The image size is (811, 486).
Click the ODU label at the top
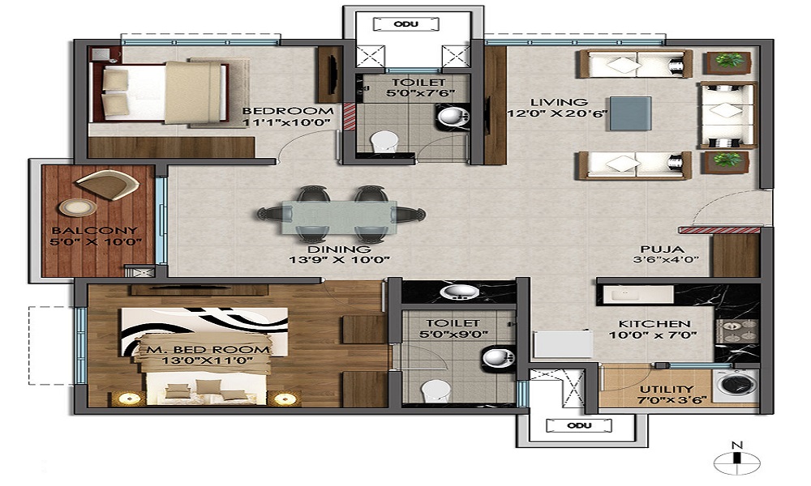406,23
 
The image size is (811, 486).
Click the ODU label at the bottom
579,425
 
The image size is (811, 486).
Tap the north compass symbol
737,461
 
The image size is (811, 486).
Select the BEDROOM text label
288,111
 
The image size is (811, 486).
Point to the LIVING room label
547,102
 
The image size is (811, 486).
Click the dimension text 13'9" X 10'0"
340,260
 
